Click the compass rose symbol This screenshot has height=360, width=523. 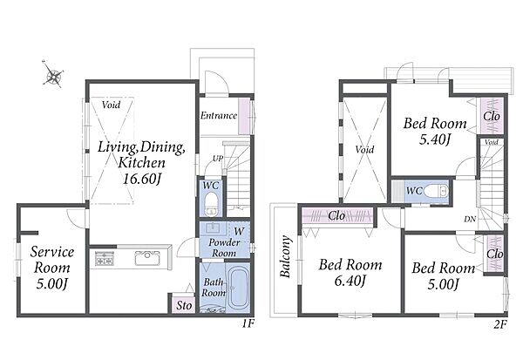(x=53, y=74)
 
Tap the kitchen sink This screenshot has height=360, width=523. (x=147, y=258)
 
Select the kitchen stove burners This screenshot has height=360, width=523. (x=105, y=258)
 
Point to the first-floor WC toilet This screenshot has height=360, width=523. (x=211, y=203)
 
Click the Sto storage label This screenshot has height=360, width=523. (x=184, y=305)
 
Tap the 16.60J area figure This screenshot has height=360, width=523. (x=142, y=180)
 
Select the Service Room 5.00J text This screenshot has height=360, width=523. (x=52, y=268)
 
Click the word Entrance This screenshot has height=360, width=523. (x=219, y=115)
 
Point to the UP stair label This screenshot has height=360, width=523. (x=218, y=159)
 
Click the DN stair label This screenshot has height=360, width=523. (x=470, y=219)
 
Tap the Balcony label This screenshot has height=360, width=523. (x=286, y=256)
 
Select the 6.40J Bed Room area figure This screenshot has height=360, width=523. (x=350, y=281)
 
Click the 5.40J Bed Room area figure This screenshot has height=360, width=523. (x=435, y=139)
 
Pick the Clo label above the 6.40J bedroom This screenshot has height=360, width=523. (x=336, y=216)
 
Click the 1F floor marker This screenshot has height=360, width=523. (x=248, y=323)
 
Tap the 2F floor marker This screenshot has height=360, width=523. (x=500, y=324)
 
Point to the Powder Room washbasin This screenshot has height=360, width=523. (x=213, y=228)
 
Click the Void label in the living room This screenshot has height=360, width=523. (x=111, y=105)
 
